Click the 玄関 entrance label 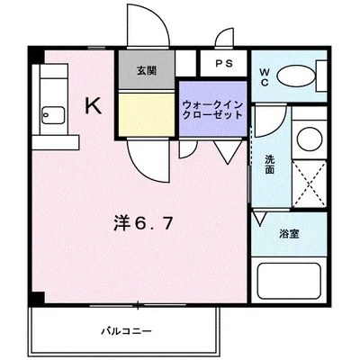click(145, 69)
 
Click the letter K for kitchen click(93, 105)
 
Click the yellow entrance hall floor click(146, 114)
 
